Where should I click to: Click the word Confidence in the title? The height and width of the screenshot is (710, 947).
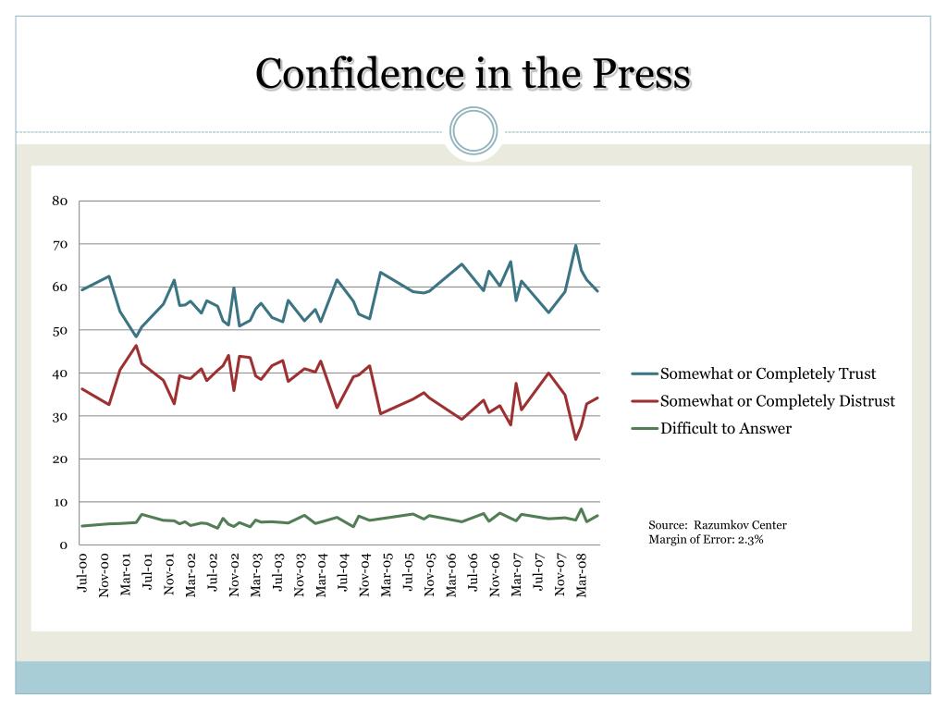tap(362, 73)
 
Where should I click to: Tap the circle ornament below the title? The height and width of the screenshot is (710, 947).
tap(473, 130)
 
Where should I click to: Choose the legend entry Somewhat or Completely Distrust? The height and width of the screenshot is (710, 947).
tap(777, 400)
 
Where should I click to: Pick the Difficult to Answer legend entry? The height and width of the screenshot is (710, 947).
tap(725, 428)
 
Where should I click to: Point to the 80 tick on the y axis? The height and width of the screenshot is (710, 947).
tap(59, 202)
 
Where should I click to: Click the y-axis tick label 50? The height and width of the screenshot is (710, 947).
tap(59, 330)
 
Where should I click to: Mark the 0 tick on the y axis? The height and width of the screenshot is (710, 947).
tap(63, 545)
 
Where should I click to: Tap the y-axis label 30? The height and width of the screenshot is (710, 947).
tap(59, 416)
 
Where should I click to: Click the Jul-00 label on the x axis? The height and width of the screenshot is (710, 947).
tap(83, 572)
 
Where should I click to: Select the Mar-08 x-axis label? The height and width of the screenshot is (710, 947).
tap(582, 574)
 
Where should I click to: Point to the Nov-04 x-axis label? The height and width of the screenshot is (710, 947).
tap(365, 573)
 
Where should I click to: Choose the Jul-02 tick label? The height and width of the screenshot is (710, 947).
tap(214, 573)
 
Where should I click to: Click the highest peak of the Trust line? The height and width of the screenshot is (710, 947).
tap(575, 246)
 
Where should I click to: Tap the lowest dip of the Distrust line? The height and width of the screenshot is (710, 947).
tap(575, 439)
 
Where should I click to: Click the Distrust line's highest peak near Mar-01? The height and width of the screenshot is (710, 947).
tap(136, 346)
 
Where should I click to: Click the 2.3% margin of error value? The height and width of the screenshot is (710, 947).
tap(750, 540)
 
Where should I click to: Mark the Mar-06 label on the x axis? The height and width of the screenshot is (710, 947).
tap(452, 574)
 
